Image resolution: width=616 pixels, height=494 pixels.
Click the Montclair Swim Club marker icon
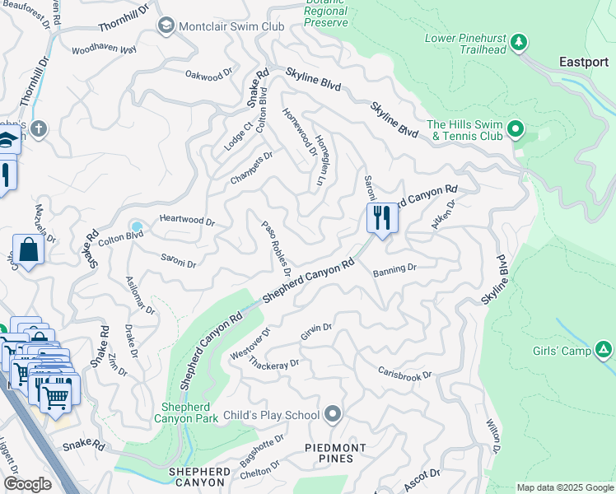click(165, 26)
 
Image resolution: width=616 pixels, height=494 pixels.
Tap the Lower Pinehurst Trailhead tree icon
click(519, 41)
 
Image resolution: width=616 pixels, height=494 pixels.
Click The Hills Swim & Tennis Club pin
click(516, 128)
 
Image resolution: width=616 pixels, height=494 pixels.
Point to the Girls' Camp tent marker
click(604, 351)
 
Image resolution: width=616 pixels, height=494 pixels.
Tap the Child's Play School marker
click(333, 413)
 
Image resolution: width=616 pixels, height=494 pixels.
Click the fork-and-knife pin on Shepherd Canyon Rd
click(381, 219)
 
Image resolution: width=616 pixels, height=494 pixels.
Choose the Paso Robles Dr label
click(277, 247)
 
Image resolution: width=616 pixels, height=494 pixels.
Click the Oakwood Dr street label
click(204, 77)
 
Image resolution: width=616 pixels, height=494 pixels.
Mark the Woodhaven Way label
click(104, 50)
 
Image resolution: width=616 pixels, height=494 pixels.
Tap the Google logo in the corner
click(27, 483)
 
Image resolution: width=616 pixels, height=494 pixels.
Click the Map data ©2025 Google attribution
click(564, 487)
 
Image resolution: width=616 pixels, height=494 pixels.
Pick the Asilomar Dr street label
click(138, 294)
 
